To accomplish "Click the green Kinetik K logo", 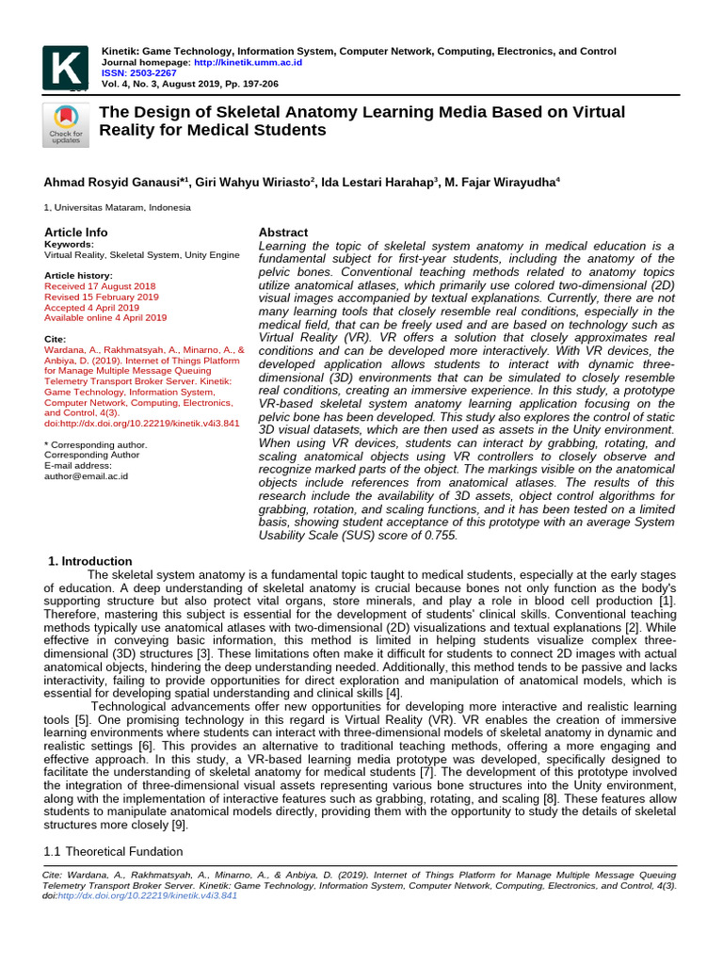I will [x=65, y=67].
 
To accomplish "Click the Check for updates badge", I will [x=65, y=124].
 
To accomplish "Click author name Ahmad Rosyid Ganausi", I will [x=113, y=182].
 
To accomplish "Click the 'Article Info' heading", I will [x=76, y=232].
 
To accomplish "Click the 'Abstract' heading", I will [x=282, y=233].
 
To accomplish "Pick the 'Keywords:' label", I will [x=69, y=244].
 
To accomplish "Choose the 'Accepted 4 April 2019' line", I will [x=91, y=307].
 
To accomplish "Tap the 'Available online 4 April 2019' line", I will [x=105, y=317].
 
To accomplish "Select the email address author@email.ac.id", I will [x=86, y=475].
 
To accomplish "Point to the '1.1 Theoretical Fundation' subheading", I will [x=114, y=851].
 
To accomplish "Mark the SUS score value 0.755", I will [x=442, y=535].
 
